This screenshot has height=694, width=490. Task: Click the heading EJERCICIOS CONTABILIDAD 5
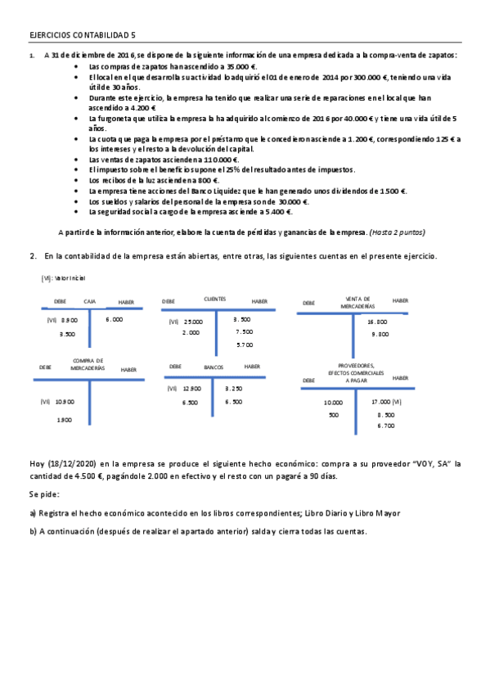82,36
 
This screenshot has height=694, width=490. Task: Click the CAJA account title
90,302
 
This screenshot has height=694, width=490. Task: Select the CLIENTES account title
215,299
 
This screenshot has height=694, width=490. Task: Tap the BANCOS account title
214,367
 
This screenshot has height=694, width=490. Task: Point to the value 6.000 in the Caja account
115,319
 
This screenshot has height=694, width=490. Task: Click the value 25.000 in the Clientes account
193,322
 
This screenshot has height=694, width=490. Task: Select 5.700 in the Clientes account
244,345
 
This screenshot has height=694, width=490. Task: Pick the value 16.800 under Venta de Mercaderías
379,322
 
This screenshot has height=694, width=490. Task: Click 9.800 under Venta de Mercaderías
379,334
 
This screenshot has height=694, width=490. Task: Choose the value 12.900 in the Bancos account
192,389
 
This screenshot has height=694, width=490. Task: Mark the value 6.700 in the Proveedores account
386,426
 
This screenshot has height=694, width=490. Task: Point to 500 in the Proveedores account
334,415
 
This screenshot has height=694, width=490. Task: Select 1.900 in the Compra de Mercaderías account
65,420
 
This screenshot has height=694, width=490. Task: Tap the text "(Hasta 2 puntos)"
397,232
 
